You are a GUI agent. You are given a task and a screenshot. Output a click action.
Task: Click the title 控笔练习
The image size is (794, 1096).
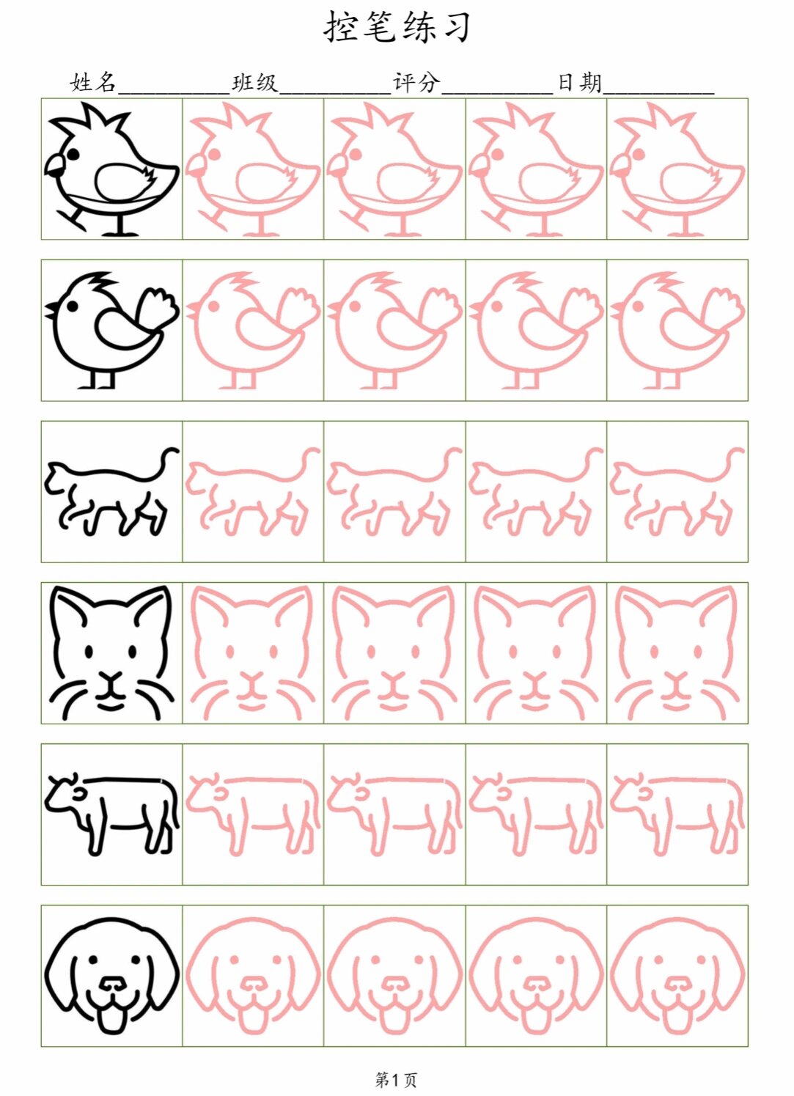click(x=397, y=27)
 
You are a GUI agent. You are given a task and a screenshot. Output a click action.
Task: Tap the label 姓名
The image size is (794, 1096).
click(x=93, y=82)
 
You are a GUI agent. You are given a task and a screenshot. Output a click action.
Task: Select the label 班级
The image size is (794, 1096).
click(x=254, y=82)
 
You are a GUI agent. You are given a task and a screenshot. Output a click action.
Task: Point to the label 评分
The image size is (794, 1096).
click(x=416, y=82)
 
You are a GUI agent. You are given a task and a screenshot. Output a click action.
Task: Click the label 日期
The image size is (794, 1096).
click(x=580, y=82)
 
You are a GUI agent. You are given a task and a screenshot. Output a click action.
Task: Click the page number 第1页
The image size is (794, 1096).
click(x=396, y=1078)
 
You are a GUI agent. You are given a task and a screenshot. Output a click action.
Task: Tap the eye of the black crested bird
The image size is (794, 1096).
click(x=73, y=154)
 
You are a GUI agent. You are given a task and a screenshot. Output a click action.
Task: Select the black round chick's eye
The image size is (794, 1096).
click(x=73, y=306)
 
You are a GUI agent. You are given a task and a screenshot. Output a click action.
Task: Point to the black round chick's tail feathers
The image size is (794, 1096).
click(x=157, y=307)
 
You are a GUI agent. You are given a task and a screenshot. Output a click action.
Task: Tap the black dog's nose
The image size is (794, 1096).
click(x=112, y=983)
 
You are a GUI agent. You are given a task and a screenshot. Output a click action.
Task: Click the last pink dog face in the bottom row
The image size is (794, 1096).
click(x=677, y=976)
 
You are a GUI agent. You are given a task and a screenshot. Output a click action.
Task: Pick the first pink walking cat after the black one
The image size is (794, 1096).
click(x=253, y=491)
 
